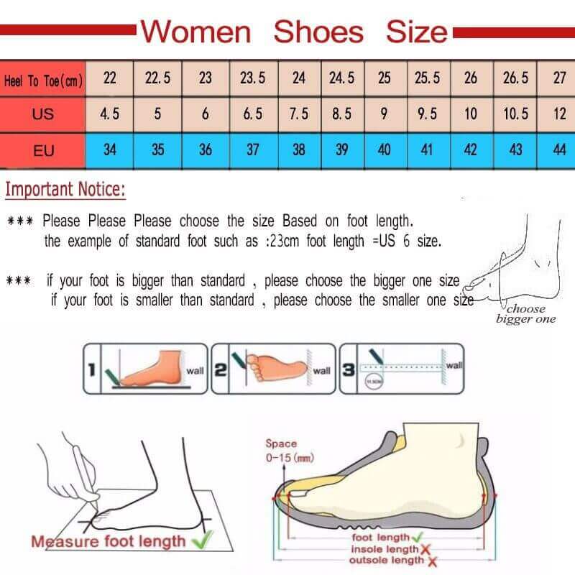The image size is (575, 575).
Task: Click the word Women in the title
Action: pyautogui.click(x=195, y=32)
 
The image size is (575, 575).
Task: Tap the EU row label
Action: pyautogui.click(x=42, y=150)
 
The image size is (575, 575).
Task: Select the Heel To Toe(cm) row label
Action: pyautogui.click(x=42, y=80)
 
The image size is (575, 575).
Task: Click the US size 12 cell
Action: pyautogui.click(x=559, y=114)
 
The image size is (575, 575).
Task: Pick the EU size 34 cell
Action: pyautogui.click(x=109, y=150)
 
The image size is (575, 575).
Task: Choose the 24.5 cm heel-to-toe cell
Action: pyautogui.click(x=341, y=78)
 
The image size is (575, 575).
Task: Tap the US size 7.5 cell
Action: pyautogui.click(x=298, y=114)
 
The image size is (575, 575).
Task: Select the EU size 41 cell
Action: pyautogui.click(x=427, y=150)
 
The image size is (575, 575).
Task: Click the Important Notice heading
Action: pyautogui.click(x=65, y=190)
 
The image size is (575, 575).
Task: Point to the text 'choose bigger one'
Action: pyautogui.click(x=526, y=314)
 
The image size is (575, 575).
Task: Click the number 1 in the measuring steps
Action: pyautogui.click(x=91, y=370)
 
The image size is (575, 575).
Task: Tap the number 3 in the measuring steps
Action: pyautogui.click(x=348, y=370)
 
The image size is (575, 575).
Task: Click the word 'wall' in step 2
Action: pyautogui.click(x=322, y=371)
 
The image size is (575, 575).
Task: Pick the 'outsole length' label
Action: pyautogui.click(x=387, y=560)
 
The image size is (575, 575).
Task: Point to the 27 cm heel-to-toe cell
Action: pyautogui.click(x=559, y=78)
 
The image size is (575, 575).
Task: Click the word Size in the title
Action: pyautogui.click(x=417, y=32)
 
